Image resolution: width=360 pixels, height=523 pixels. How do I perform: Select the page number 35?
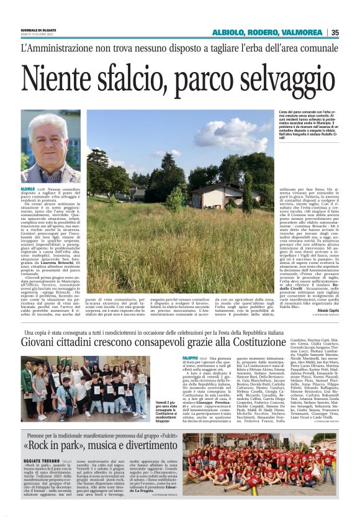click(x=335, y=32)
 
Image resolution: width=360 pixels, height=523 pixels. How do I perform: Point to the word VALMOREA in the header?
click(x=305, y=32)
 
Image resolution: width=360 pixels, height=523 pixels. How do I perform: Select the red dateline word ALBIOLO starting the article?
click(x=28, y=188)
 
